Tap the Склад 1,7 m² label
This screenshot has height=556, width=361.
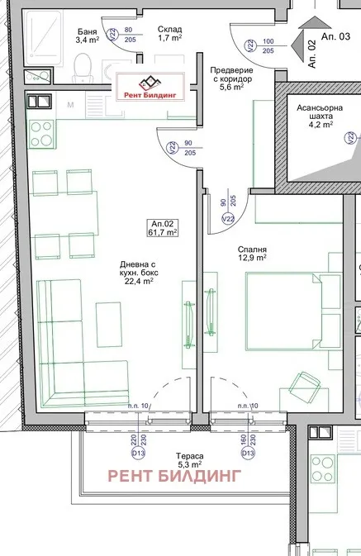[x=169, y=34]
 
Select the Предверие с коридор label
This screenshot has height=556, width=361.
[x=230, y=79]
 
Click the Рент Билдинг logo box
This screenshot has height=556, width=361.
[x=155, y=84]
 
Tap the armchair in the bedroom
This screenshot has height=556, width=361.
[x=305, y=387]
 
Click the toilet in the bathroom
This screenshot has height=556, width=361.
[x=82, y=65]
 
